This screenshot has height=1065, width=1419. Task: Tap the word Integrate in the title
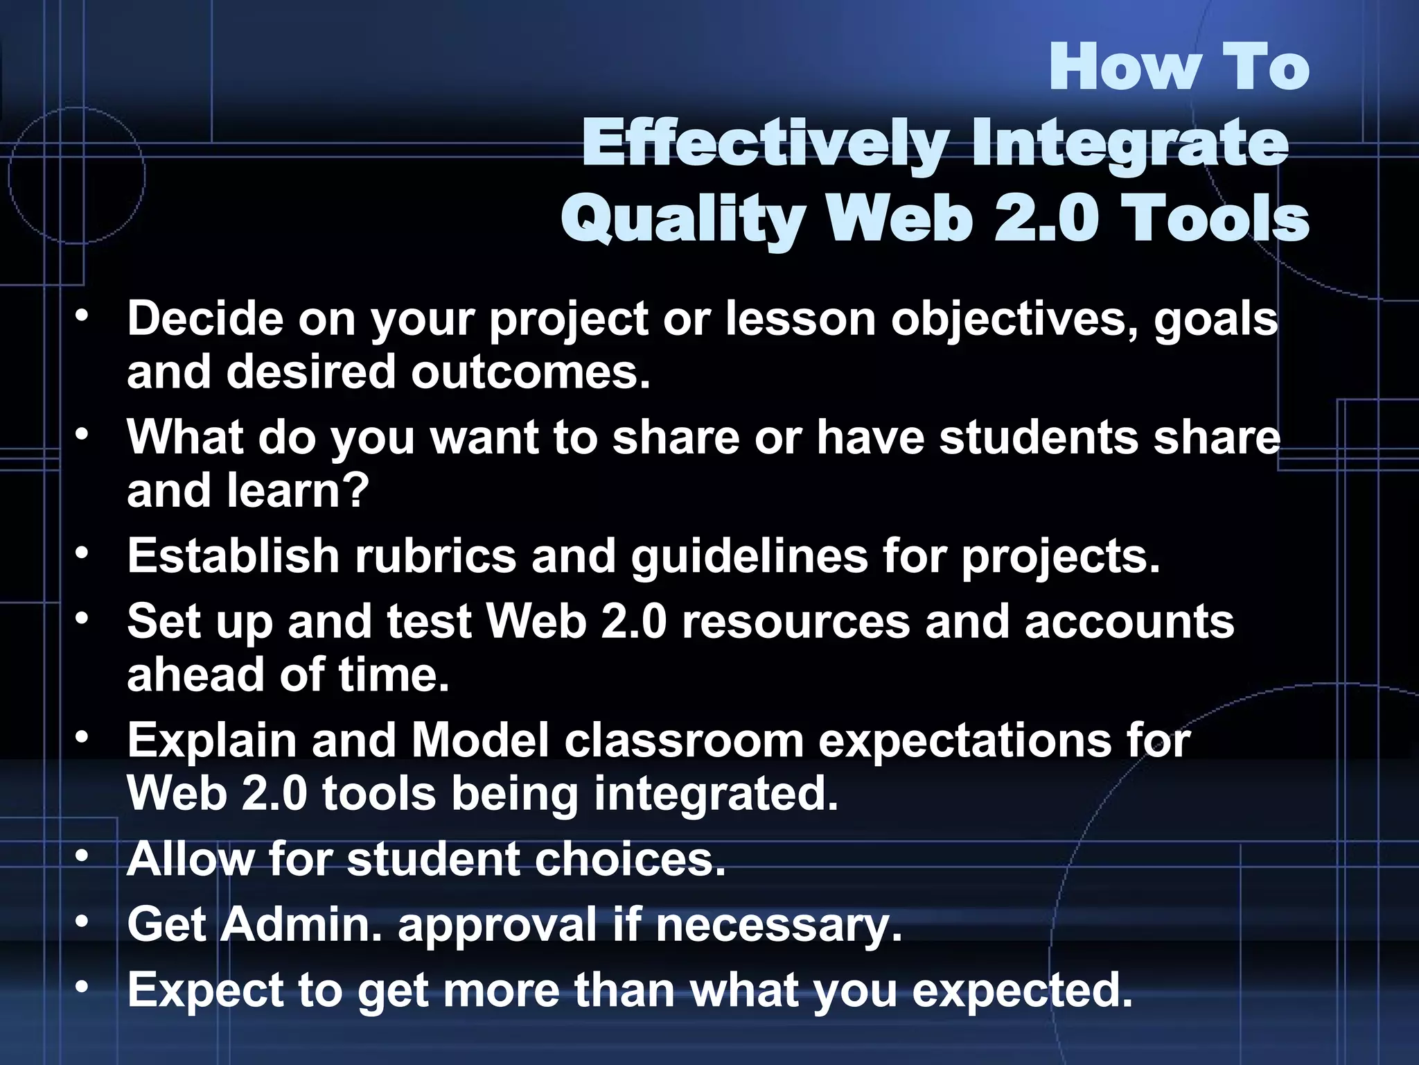(1130, 144)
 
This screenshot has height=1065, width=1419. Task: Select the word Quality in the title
(682, 219)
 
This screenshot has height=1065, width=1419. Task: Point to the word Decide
(205, 319)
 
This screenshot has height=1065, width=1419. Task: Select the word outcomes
(531, 372)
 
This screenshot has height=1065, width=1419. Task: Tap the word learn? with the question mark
(298, 490)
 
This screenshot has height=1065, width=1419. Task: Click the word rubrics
(436, 556)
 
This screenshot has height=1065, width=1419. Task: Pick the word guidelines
(749, 556)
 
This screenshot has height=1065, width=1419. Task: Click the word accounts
(1129, 621)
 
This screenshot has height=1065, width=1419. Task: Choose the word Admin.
(302, 924)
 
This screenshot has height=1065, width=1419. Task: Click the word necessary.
(779, 924)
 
